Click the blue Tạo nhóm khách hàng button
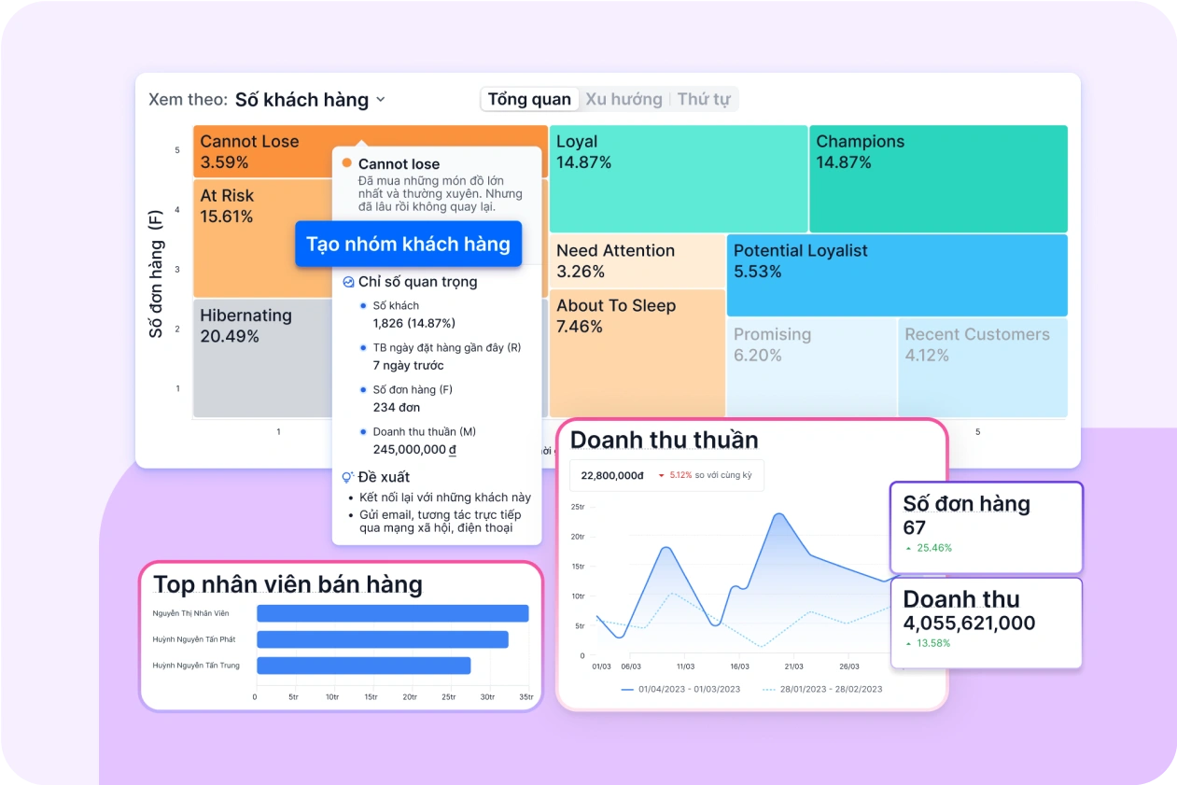pos(408,245)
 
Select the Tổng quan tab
pos(529,100)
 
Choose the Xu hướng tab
pos(624,100)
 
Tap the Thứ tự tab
pos(704,100)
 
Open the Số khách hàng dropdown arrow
pos(380,100)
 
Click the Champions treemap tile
pos(937,178)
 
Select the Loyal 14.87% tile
pos(678,178)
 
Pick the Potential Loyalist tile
pos(896,274)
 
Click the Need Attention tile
pos(636,261)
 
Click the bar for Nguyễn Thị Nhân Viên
pos(392,613)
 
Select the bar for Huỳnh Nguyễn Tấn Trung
pos(363,666)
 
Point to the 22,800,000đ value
pos(612,475)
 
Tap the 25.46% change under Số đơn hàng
pos(933,548)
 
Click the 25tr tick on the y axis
pos(577,507)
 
